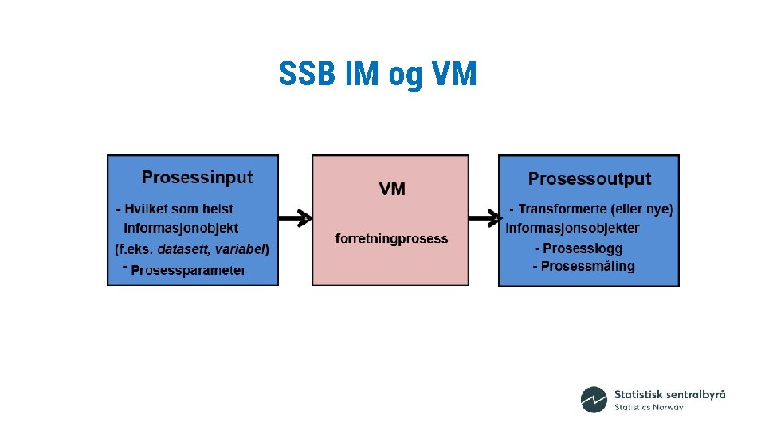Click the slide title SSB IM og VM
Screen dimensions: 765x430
[378, 75]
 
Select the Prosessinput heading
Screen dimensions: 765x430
[197, 177]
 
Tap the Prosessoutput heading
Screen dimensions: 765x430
[589, 179]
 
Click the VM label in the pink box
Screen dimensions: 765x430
[392, 189]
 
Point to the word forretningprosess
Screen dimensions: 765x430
[391, 238]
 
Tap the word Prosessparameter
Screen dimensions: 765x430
[188, 270]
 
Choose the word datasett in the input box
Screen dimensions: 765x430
[186, 249]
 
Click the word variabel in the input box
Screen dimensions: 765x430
[242, 249]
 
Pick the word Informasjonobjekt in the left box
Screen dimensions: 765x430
[181, 229]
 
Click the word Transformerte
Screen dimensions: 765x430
[563, 209]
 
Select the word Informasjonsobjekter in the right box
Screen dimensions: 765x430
[572, 229]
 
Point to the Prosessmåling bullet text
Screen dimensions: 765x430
[583, 266]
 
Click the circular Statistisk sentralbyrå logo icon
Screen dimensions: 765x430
[594, 400]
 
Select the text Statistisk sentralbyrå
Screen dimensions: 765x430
[669, 394]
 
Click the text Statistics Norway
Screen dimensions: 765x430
[649, 408]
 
